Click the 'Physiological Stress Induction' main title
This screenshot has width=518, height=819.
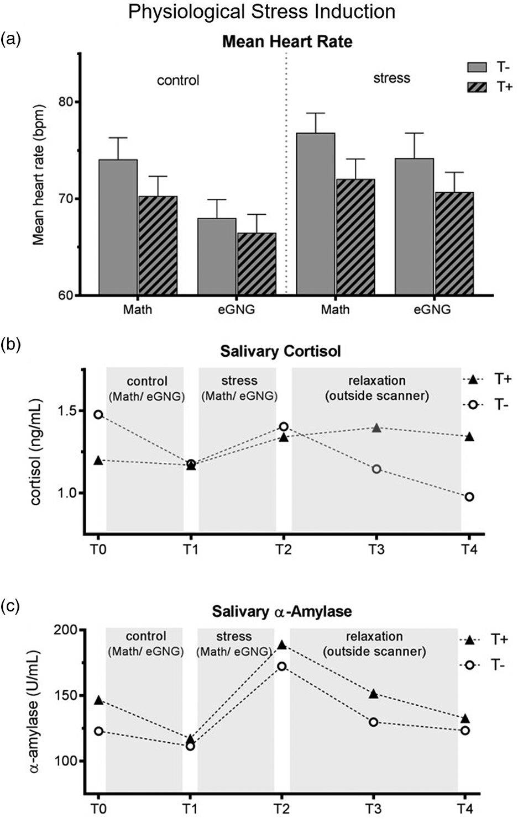pyautogui.click(x=261, y=12)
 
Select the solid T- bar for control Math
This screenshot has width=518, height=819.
pyautogui.click(x=118, y=226)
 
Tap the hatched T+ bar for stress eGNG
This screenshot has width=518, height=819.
pyautogui.click(x=453, y=243)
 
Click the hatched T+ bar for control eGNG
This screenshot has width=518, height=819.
pyautogui.click(x=257, y=263)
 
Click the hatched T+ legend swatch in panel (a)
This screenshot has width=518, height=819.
pyautogui.click(x=477, y=87)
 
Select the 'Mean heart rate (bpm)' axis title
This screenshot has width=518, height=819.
pyautogui.click(x=38, y=176)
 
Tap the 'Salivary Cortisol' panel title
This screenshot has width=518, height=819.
pyautogui.click(x=280, y=351)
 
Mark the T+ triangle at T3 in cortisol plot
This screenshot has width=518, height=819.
pyautogui.click(x=376, y=427)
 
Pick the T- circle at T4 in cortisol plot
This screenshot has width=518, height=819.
pyautogui.click(x=469, y=496)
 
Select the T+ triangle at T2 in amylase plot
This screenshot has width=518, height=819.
pyautogui.click(x=281, y=644)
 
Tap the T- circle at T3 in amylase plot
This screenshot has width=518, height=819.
pyautogui.click(x=373, y=722)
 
